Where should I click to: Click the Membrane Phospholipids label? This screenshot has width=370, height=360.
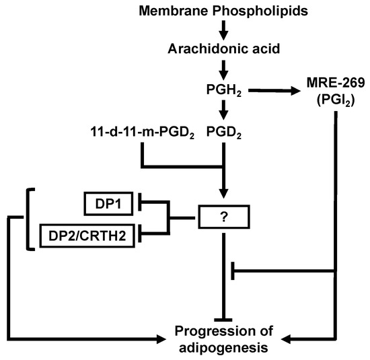click(x=223, y=11)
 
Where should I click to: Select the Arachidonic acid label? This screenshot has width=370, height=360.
click(x=223, y=50)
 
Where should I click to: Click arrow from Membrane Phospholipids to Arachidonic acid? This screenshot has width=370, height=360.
click(x=223, y=30)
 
